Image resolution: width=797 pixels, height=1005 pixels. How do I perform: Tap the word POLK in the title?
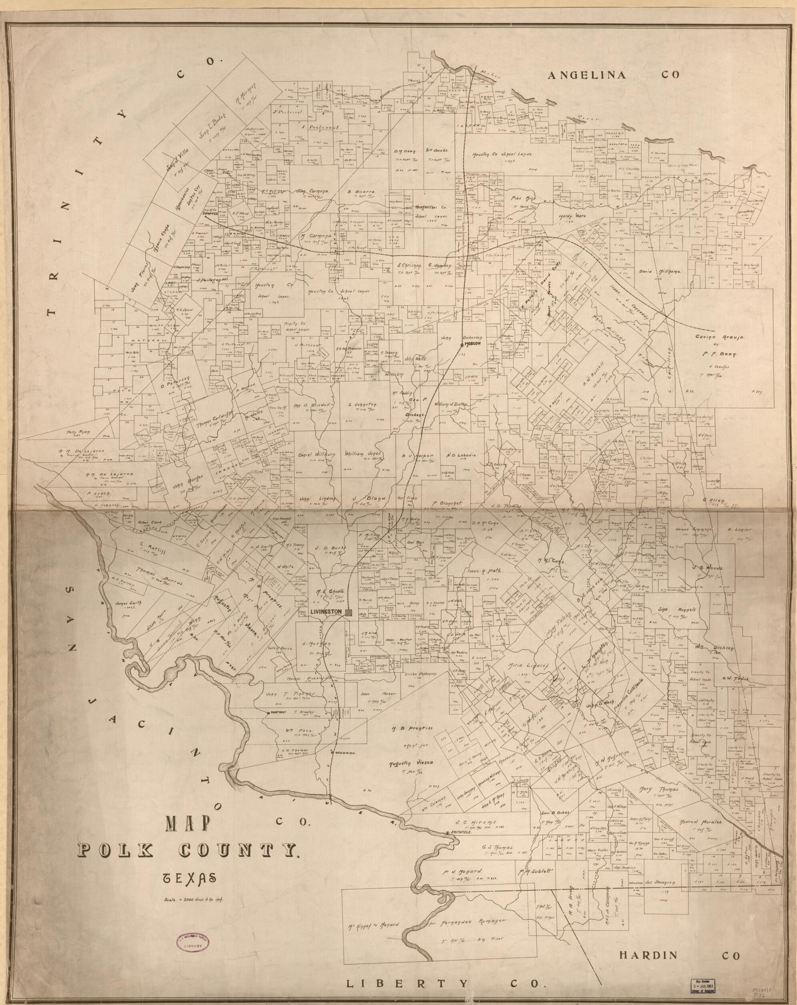coord(116,848)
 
